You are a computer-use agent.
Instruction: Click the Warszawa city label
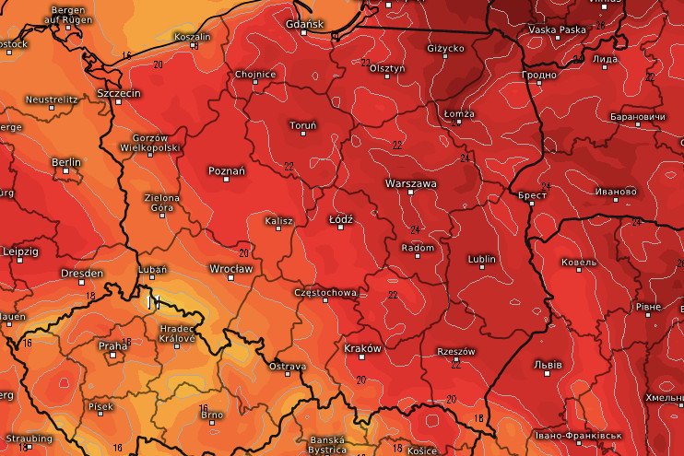point(411,183)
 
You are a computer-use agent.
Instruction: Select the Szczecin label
point(118,94)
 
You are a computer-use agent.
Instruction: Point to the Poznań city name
point(227,170)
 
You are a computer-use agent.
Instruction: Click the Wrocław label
point(230,268)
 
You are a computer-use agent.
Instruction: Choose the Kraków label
point(362,348)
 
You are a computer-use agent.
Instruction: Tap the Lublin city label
point(481,259)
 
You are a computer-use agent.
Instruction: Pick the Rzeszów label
point(455,351)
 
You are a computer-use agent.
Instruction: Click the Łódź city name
point(342,219)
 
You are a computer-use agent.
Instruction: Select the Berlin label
point(66,162)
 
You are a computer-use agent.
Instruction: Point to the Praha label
point(112,345)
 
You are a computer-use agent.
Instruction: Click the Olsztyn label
point(387,68)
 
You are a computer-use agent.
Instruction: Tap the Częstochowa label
point(324,292)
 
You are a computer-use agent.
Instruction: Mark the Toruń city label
point(302,124)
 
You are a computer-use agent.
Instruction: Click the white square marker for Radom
point(418,256)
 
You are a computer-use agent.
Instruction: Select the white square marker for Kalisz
point(278,230)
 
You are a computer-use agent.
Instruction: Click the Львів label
point(548,365)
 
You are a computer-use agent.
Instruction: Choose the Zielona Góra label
point(161,203)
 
